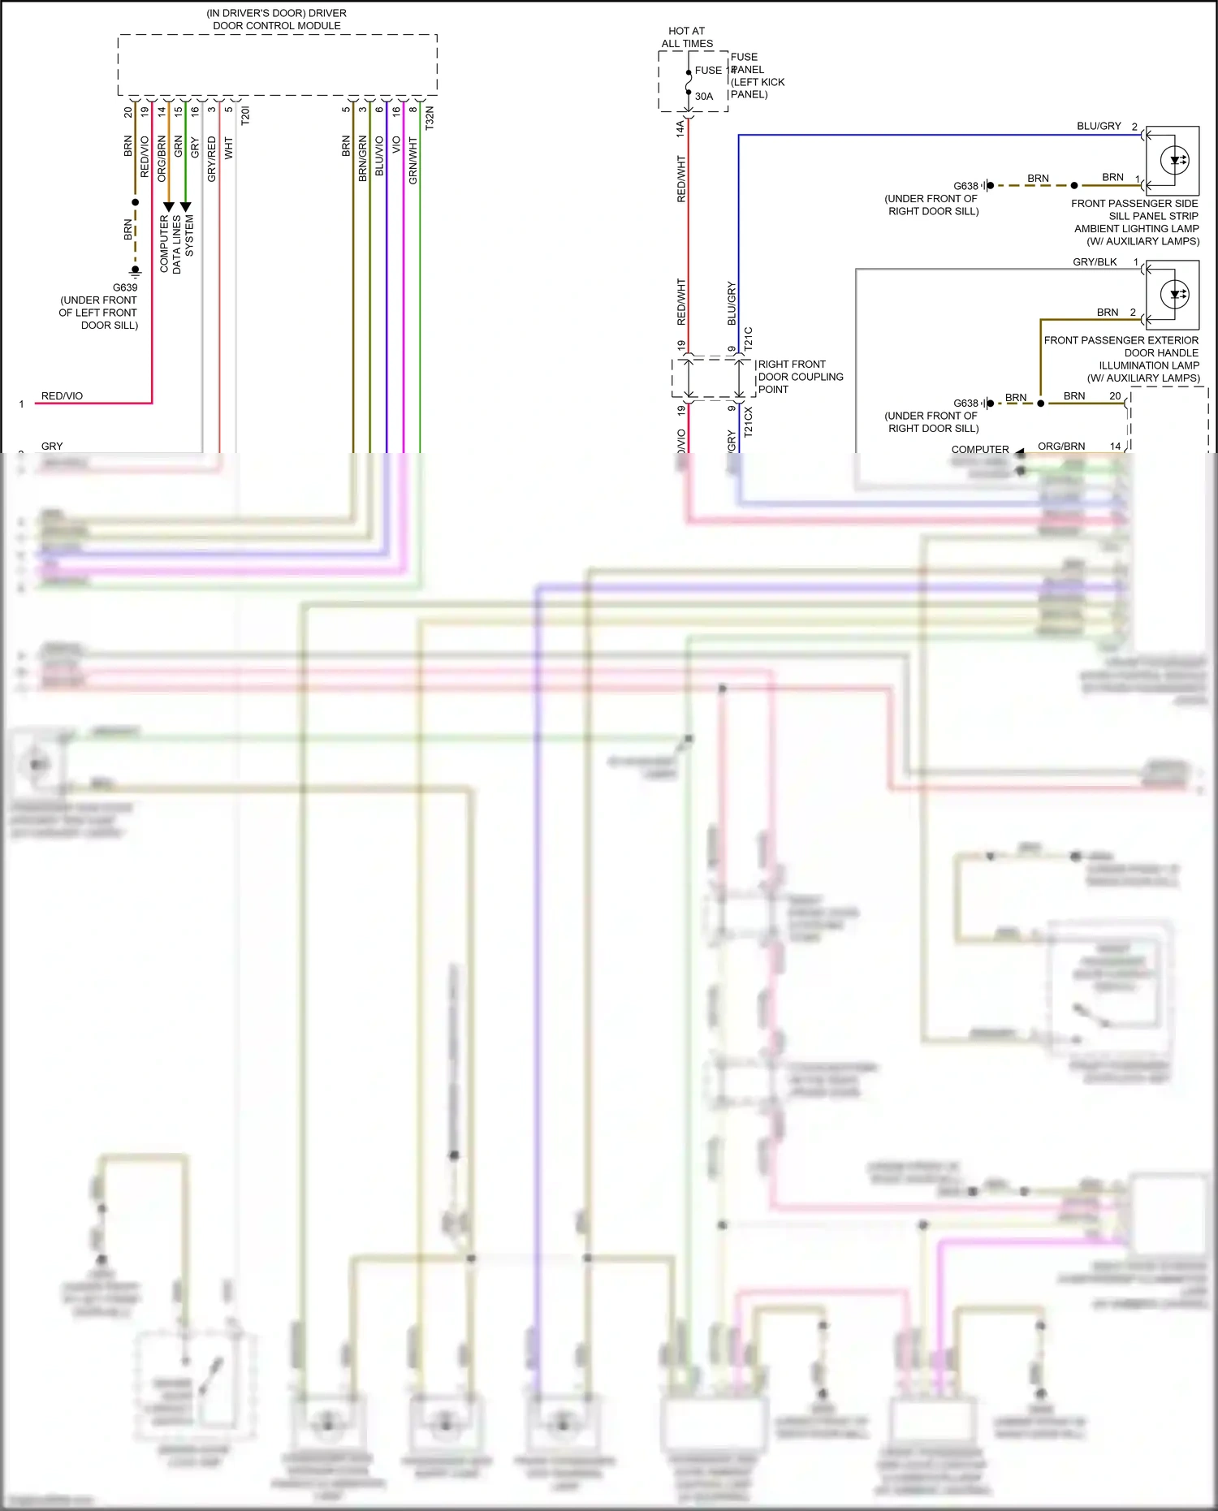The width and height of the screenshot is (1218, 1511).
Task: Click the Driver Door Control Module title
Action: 277,19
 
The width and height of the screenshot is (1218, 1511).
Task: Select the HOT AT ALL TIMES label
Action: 687,37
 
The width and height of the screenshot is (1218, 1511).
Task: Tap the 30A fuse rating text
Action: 704,96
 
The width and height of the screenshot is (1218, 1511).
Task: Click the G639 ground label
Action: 125,287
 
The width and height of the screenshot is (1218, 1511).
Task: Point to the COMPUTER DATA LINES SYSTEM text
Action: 177,244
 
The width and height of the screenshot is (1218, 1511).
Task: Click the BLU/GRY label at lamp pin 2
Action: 1099,126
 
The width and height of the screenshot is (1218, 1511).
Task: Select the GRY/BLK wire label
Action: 1095,261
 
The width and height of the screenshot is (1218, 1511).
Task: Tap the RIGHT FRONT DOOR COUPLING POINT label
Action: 800,377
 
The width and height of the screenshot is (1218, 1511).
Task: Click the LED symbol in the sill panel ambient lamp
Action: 1175,160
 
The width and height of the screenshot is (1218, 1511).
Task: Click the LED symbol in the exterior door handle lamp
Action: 1175,294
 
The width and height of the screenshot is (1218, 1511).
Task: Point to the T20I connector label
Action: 246,114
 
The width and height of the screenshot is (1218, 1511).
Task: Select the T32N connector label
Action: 430,118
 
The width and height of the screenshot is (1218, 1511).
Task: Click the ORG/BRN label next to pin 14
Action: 1061,446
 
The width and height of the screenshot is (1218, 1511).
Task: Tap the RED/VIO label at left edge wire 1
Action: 62,396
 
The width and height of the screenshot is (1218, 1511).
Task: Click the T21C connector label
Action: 749,339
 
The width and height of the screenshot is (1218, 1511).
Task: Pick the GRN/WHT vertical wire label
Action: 413,161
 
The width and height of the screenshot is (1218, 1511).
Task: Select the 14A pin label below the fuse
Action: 680,128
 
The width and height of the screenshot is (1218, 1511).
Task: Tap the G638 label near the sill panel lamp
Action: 965,186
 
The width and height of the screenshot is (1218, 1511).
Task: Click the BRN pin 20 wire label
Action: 1074,396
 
